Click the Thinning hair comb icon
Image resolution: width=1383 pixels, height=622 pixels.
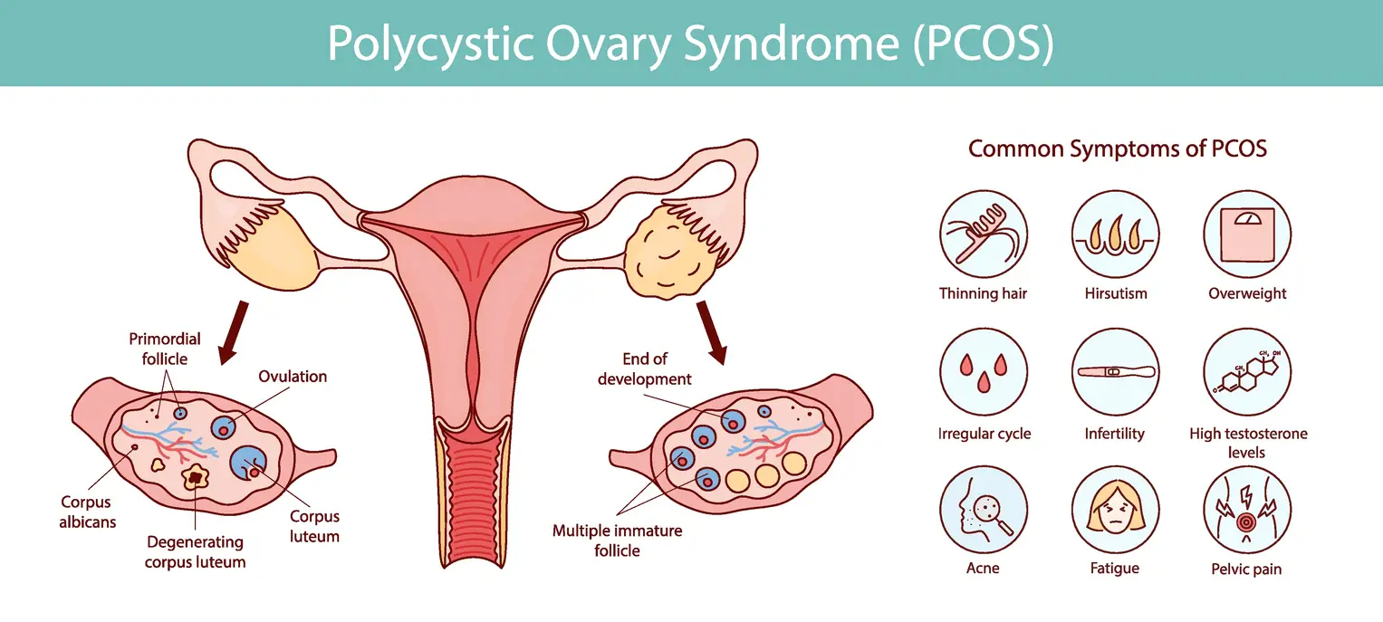[984, 234]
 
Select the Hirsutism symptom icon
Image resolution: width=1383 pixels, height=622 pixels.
[1115, 234]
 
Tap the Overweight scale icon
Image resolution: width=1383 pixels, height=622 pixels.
[1247, 234]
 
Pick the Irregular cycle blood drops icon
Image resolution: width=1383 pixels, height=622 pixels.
[984, 372]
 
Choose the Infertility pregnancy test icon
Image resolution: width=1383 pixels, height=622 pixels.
[1115, 372]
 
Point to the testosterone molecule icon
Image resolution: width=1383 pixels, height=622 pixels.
[1247, 372]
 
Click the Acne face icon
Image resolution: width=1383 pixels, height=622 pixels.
[984, 510]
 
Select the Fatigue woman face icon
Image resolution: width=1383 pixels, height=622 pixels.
[1115, 510]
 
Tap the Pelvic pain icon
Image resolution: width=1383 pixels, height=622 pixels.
[1247, 510]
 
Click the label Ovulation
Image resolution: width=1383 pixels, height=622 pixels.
[293, 377]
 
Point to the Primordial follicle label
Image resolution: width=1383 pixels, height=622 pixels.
[165, 349]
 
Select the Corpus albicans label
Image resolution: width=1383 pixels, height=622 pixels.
[87, 512]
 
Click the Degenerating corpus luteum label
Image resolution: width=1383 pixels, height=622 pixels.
[195, 552]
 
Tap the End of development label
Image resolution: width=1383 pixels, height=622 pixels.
[645, 369]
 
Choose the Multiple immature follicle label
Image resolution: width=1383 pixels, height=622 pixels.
[618, 541]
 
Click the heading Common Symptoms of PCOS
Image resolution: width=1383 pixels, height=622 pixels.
[1118, 148]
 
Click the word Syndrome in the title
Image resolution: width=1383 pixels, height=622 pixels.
[792, 43]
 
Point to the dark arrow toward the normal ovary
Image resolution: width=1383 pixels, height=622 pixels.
[234, 332]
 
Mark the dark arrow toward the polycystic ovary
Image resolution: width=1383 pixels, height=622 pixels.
[712, 332]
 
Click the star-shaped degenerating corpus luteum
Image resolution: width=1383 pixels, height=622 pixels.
[195, 477]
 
